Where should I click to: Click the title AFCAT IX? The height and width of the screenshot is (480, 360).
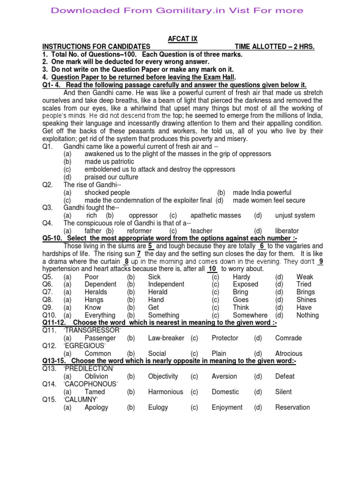(180, 39)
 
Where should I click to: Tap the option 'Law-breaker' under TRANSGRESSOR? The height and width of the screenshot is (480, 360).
(166, 338)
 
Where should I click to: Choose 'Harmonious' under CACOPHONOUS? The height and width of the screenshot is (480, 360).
(165, 392)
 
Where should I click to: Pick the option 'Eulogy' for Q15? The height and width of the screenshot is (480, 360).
(158, 407)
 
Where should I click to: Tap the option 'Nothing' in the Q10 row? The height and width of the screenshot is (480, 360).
(307, 315)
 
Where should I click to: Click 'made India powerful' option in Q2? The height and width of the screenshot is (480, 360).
(262, 193)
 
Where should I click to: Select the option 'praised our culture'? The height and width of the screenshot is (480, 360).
(111, 177)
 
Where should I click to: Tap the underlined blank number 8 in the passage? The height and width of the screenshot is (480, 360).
(126, 261)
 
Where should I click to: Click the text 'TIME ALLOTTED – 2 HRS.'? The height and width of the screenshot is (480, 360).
(274, 47)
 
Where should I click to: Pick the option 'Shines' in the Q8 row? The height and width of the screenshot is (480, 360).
(306, 300)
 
